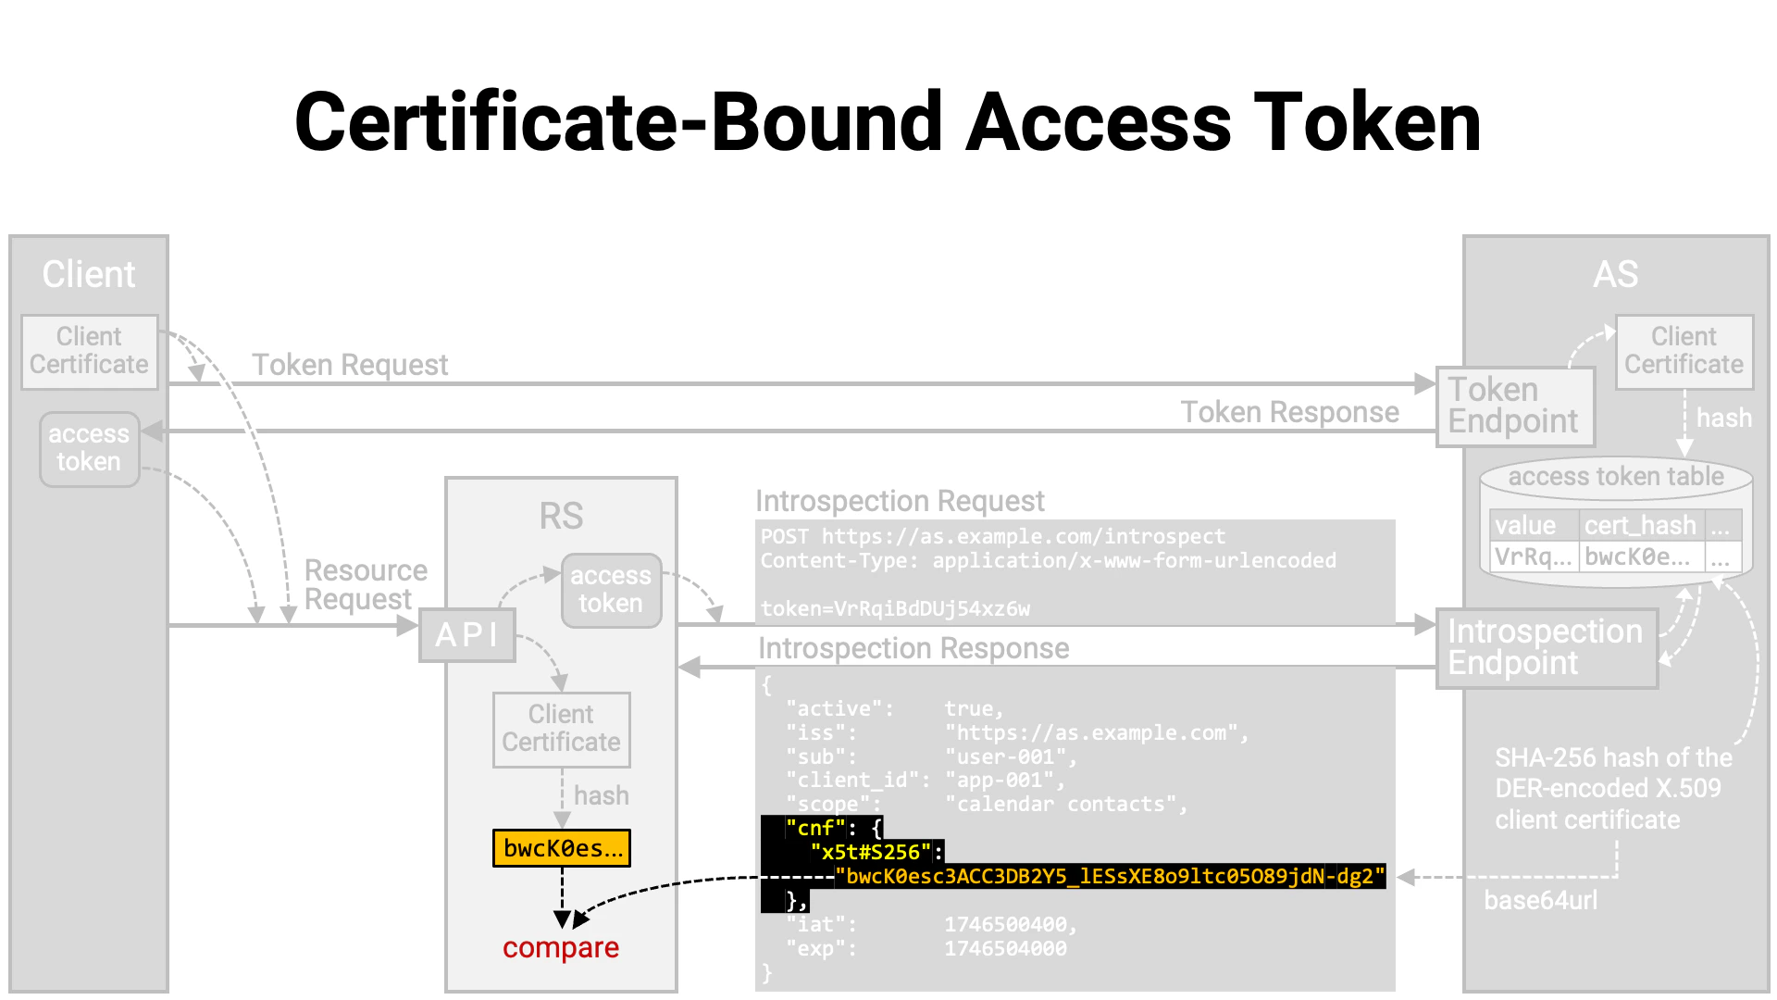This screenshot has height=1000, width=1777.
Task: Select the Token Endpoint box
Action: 1514,406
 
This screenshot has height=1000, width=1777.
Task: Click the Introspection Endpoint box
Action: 1546,647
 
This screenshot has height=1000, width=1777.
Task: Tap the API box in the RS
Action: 466,635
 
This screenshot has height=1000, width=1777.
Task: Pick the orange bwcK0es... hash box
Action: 562,848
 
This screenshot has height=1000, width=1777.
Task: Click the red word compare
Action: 561,948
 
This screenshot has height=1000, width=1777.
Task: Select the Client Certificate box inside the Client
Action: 89,351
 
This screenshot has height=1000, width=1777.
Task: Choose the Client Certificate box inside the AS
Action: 1684,351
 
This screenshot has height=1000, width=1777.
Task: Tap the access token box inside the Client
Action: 89,449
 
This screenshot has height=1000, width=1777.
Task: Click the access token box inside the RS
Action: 611,590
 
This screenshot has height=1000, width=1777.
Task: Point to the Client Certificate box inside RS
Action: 561,729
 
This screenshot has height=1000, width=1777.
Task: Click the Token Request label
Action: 350,365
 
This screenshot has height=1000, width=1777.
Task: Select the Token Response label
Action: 1289,412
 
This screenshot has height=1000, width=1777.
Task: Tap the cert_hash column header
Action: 1640,526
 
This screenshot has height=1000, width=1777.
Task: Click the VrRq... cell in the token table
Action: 1533,556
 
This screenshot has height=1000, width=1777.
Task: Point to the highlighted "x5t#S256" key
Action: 870,852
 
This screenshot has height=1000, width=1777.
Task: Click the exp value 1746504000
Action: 1005,949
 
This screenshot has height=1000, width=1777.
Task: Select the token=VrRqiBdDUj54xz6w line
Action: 895,608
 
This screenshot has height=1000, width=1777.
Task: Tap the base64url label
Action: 1540,900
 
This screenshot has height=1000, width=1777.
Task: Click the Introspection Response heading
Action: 913,648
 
